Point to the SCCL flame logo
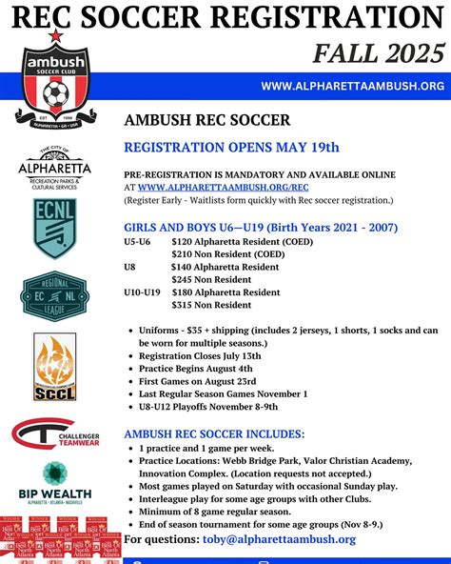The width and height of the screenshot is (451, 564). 54,366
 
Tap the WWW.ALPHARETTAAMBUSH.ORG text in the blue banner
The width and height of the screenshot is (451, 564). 352,87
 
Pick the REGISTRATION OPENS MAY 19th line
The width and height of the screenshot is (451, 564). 231,147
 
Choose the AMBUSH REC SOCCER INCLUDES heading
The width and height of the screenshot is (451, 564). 215,433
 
